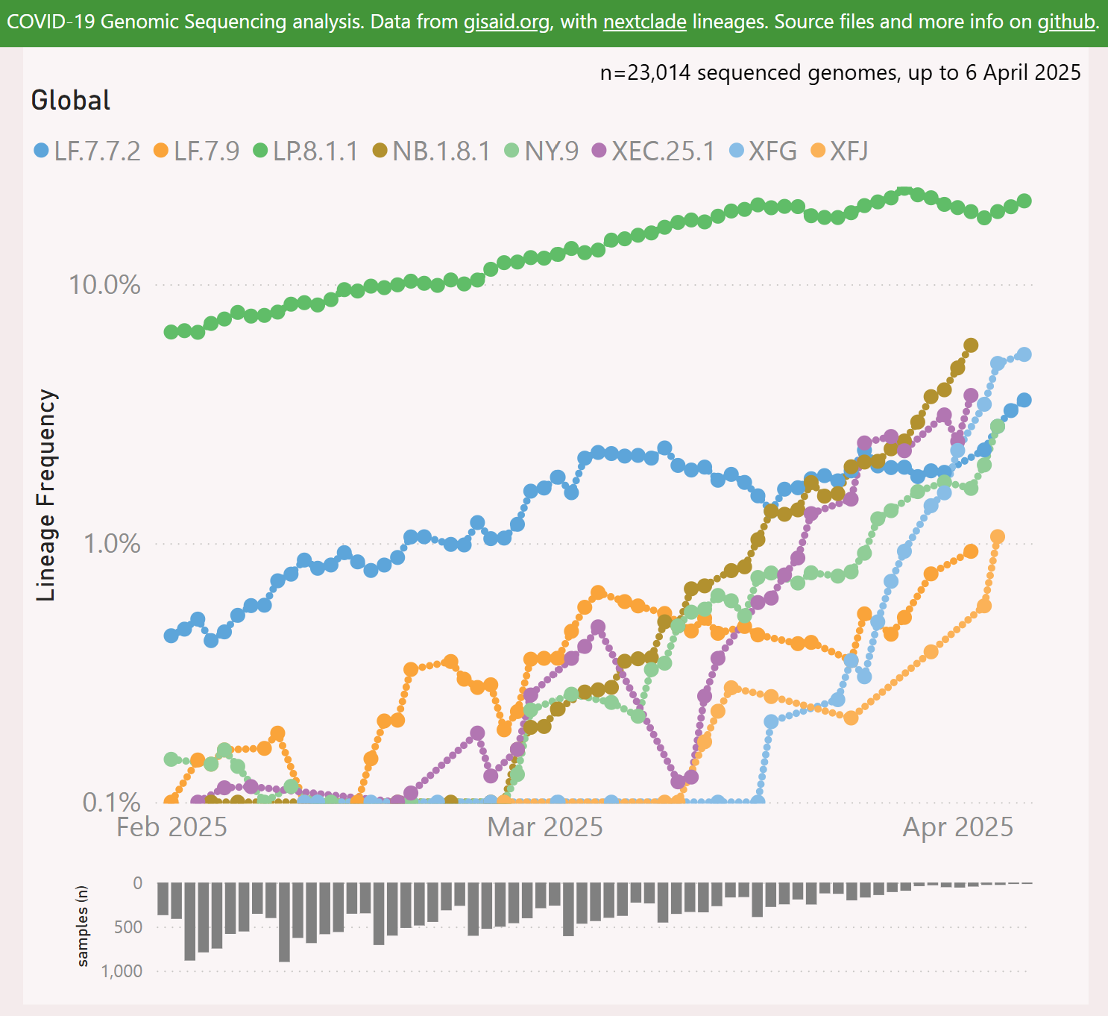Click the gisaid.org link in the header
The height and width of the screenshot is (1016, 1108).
506,22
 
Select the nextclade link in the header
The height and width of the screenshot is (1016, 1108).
644,22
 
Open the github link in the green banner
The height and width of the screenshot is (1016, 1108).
1066,22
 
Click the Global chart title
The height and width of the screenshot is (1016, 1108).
71,100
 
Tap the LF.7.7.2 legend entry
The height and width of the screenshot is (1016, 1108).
88,151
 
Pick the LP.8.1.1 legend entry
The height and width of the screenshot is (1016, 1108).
306,151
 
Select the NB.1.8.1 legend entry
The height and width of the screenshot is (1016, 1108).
432,151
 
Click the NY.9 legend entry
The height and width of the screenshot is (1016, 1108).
542,151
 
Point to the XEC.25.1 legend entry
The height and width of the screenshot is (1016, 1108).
653,151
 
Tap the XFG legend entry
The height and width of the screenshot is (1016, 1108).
764,151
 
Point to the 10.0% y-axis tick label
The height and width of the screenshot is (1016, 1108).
104,285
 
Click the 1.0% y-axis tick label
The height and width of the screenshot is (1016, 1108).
111,544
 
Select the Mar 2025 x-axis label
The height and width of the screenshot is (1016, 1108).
545,827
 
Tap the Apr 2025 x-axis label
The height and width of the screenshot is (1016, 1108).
958,827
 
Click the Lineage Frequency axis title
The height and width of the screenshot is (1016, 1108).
47,495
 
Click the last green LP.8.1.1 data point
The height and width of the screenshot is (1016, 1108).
1024,201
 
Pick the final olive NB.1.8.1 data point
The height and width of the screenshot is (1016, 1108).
971,345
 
